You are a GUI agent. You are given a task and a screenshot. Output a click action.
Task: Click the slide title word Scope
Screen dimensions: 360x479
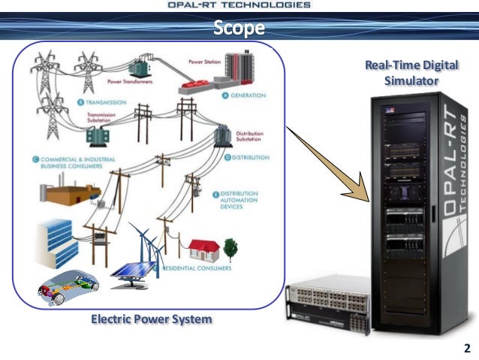coord(239,29)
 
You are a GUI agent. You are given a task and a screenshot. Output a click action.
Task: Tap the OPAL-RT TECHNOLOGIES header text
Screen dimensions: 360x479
coord(239,5)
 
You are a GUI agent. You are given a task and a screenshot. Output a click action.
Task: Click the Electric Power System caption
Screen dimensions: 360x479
coord(151,319)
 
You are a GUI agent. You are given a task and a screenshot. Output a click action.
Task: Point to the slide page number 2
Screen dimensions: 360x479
coord(467,348)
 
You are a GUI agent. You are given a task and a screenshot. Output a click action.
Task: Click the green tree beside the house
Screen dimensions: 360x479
coord(230,247)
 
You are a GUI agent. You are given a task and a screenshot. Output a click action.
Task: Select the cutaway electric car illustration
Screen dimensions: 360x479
coord(68,289)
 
